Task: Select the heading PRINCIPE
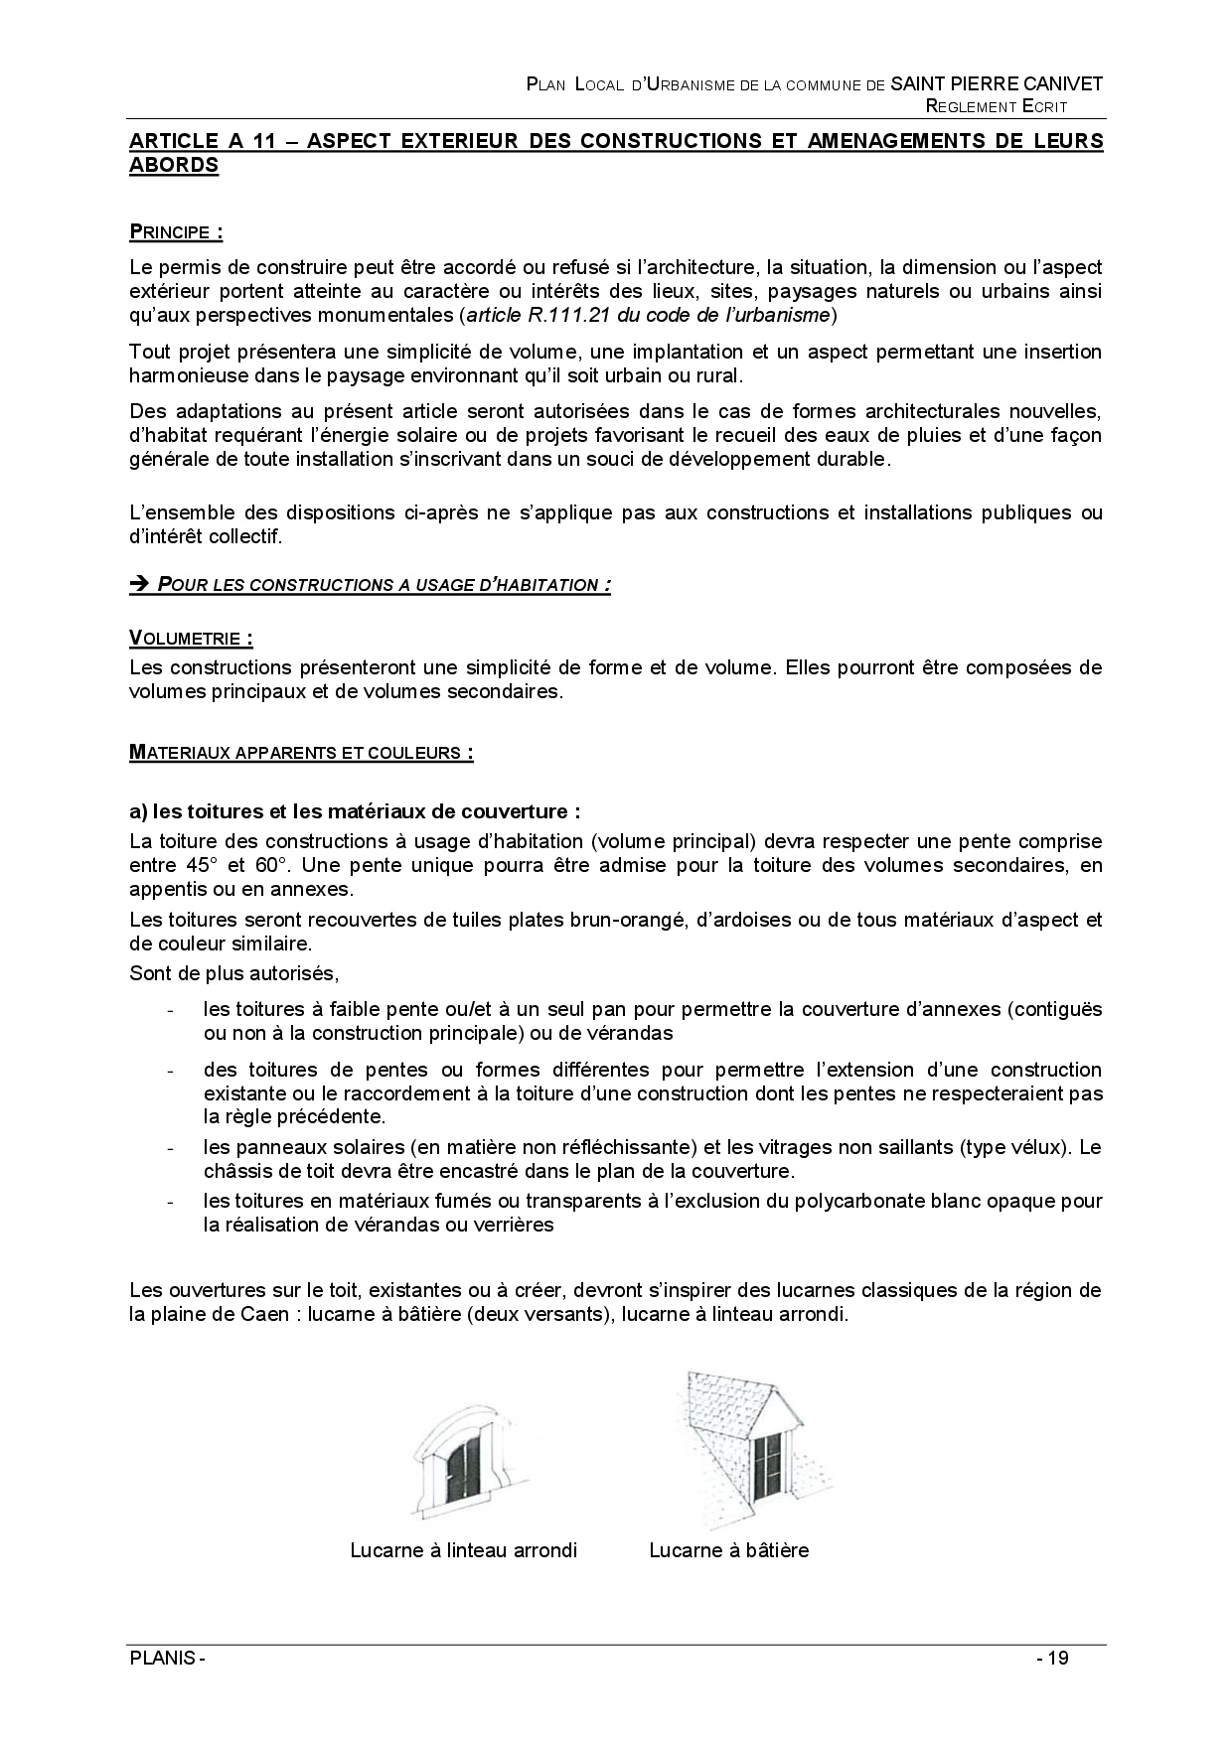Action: [175, 233]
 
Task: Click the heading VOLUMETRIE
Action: [190, 639]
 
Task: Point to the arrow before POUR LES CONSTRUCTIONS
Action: [139, 584]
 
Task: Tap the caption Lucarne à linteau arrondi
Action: [463, 1550]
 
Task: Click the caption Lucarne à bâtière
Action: [728, 1550]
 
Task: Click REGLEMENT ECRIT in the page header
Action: [997, 106]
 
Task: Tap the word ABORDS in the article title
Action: [174, 166]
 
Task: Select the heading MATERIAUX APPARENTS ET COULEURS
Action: [300, 752]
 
